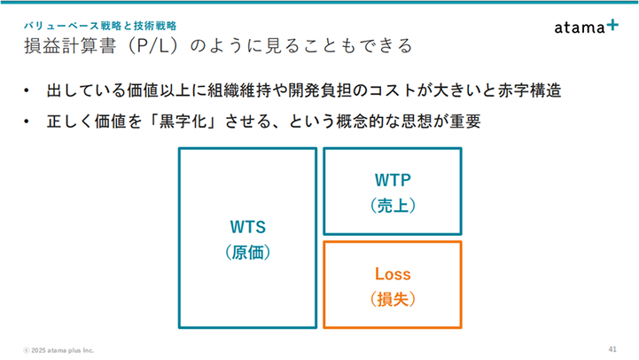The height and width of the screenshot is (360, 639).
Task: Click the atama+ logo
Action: (x=586, y=27)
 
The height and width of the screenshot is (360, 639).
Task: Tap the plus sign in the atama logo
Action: (x=612, y=26)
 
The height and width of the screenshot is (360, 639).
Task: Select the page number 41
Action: (x=612, y=349)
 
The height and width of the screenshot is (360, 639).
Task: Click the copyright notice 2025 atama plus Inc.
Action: (x=58, y=350)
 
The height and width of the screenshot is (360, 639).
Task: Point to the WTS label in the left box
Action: (x=248, y=227)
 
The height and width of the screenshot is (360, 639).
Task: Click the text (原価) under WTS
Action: (x=248, y=253)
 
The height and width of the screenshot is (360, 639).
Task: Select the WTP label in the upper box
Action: (x=393, y=180)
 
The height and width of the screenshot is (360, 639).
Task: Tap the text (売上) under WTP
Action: (x=393, y=206)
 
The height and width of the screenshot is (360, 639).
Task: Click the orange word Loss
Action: (x=393, y=274)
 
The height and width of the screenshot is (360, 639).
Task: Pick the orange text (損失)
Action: (x=393, y=299)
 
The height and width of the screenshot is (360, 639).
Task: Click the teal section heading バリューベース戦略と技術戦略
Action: (x=100, y=26)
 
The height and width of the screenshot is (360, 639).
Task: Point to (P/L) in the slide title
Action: (x=153, y=45)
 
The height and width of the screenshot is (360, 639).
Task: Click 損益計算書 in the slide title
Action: (x=70, y=45)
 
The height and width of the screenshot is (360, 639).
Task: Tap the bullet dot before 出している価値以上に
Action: (x=27, y=90)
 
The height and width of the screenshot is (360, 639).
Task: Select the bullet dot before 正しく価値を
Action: (x=27, y=121)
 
